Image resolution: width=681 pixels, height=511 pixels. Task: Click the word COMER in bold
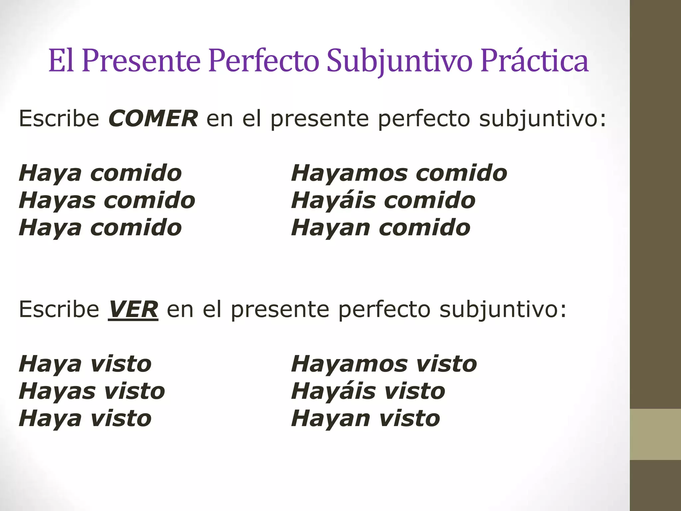tap(153, 119)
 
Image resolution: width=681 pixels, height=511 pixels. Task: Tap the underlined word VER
tap(133, 310)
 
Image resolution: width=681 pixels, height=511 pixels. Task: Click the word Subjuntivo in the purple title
tap(399, 62)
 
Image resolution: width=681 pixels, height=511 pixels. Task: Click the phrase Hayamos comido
tap(399, 173)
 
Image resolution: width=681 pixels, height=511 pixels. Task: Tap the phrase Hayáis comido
tap(383, 201)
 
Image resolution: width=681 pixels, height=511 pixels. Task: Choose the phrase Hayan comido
tap(380, 228)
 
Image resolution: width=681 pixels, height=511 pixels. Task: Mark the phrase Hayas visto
tap(92, 391)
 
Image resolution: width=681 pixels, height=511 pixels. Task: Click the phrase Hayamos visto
tap(384, 364)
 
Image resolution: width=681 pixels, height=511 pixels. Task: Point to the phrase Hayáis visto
tap(368, 391)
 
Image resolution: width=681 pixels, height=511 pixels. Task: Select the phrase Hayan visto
tap(365, 419)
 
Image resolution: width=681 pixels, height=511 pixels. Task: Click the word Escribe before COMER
tap(59, 119)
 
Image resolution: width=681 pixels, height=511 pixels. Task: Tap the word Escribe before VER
tap(59, 310)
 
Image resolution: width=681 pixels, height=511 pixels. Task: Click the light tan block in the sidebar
tap(655, 434)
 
